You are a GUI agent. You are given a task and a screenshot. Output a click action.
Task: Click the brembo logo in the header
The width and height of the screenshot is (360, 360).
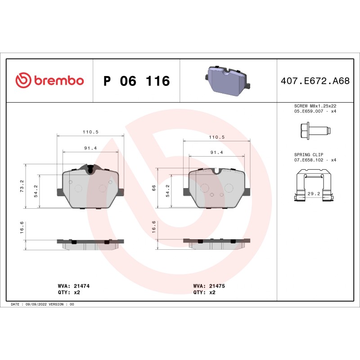[49, 81]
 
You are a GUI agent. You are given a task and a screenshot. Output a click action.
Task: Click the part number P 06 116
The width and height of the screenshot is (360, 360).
[136, 81]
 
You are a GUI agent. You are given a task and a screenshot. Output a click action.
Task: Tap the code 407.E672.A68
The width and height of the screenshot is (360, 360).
[315, 81]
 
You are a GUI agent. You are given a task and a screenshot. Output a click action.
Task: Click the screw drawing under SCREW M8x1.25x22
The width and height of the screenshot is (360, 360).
[314, 131]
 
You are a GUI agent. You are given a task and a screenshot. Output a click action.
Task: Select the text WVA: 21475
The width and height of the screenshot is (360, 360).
[209, 286]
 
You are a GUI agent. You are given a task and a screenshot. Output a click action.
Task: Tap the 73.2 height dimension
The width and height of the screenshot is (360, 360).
[22, 186]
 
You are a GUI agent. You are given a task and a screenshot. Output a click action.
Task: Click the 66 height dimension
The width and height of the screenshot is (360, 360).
[154, 188]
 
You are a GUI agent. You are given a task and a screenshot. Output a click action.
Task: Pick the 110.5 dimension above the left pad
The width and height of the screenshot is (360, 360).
[90, 132]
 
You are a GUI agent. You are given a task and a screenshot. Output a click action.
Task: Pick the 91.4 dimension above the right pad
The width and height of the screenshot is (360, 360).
[217, 153]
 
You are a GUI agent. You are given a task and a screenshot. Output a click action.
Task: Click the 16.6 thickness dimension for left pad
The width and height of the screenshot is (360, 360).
[22, 229]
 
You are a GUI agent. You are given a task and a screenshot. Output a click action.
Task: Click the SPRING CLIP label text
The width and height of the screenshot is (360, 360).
[309, 154]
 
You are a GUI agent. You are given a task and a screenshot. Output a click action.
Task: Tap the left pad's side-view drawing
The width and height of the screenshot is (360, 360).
[90, 244]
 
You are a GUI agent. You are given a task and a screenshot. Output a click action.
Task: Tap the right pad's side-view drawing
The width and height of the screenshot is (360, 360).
[217, 243]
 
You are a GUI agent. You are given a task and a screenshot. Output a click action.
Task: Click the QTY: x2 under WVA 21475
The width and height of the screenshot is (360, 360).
[204, 292]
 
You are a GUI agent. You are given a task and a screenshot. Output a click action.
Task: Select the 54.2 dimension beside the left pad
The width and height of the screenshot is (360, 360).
[36, 191]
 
